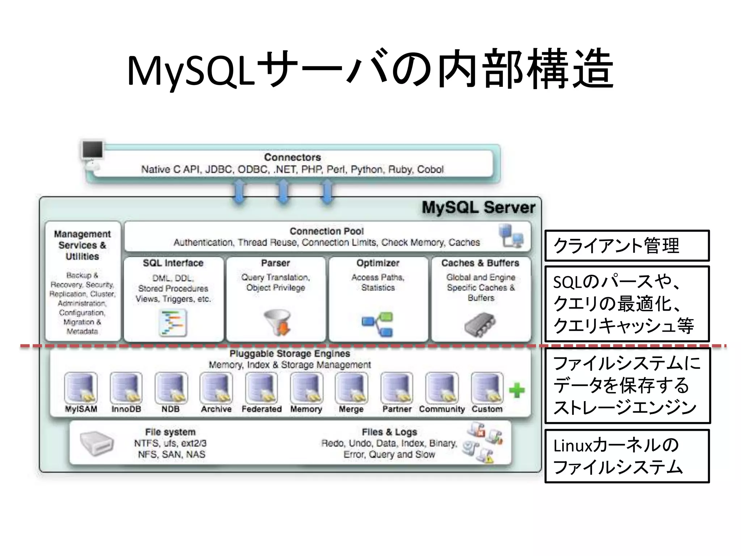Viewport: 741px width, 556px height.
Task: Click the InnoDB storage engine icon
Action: (126, 388)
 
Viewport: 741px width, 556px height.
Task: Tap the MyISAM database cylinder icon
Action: (81, 388)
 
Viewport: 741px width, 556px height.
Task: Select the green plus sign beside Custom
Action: (517, 390)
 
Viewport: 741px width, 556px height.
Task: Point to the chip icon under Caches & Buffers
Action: (480, 324)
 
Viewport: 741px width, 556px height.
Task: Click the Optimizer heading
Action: (378, 263)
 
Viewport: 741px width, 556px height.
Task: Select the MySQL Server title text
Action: (478, 208)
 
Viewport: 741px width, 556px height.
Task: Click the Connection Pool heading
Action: (326, 231)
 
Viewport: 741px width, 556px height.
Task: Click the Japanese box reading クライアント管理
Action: (627, 245)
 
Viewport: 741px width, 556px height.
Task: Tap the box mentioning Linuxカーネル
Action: (627, 456)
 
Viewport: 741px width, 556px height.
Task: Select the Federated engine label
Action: (262, 409)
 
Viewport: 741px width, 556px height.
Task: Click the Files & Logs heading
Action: (389, 432)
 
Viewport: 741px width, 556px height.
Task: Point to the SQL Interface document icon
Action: (173, 323)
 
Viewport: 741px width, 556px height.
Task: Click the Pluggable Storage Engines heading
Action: (290, 353)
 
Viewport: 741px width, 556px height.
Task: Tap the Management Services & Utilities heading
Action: (82, 245)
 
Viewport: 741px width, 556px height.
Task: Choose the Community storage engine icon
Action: (442, 388)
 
